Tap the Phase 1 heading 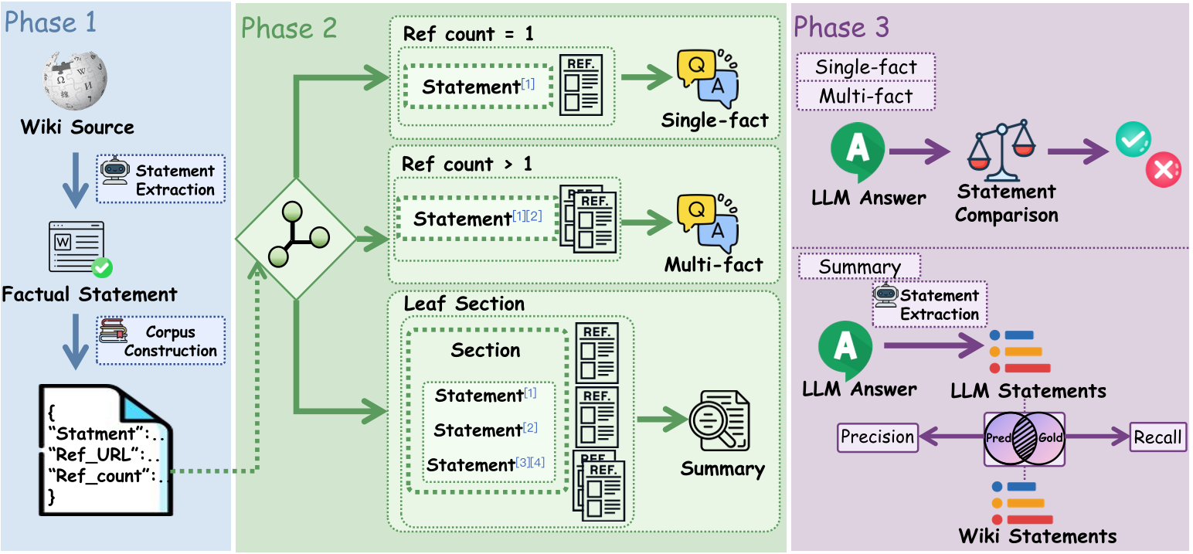point(51,22)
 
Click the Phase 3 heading point(841,27)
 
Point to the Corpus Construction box point(161,341)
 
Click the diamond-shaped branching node point(295,240)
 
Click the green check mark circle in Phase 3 point(1133,140)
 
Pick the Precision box point(877,437)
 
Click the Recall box point(1157,437)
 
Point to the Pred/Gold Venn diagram point(1024,438)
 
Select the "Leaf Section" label point(464,304)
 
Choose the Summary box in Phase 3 point(859,267)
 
